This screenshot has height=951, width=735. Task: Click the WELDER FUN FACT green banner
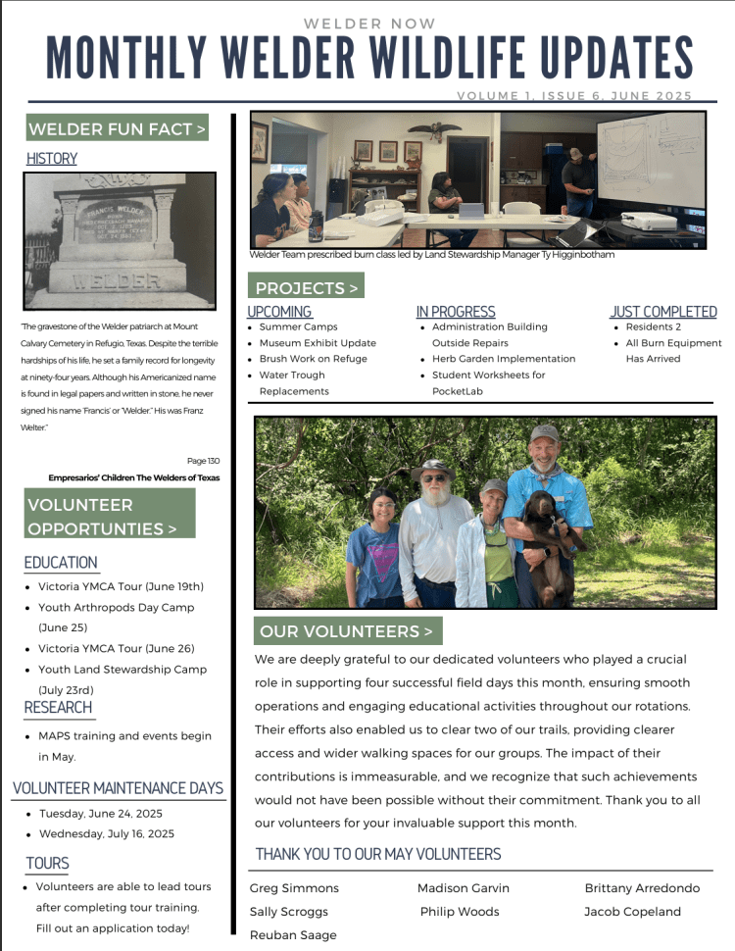click(x=118, y=129)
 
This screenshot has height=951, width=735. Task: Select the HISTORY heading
click(x=52, y=159)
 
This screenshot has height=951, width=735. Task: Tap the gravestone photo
click(x=120, y=242)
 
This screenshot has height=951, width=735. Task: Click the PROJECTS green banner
click(x=305, y=288)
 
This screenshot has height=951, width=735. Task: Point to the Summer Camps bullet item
click(x=298, y=326)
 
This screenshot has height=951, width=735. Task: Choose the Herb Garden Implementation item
click(x=503, y=359)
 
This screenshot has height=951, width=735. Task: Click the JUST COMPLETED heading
click(x=663, y=312)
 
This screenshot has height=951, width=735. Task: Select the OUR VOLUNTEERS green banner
click(x=348, y=631)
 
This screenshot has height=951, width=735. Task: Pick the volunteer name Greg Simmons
click(x=294, y=888)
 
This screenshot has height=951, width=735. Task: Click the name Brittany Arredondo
click(x=642, y=888)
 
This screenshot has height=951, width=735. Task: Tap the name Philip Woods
click(x=460, y=912)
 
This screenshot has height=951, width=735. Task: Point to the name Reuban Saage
click(x=293, y=935)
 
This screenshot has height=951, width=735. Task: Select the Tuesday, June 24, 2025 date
click(x=101, y=814)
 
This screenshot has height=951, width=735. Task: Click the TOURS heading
click(x=48, y=864)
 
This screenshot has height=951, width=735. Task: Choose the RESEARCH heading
click(x=59, y=708)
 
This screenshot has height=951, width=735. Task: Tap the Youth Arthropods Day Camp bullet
click(x=116, y=608)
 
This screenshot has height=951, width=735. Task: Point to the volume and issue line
click(x=574, y=96)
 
